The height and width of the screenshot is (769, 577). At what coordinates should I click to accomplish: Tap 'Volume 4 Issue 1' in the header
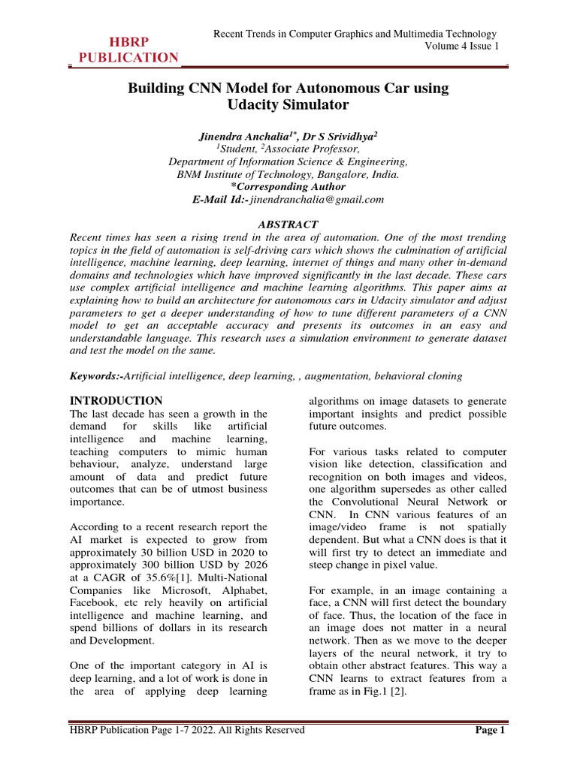tap(457, 47)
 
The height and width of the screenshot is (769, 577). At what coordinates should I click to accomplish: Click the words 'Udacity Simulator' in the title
tap(288, 105)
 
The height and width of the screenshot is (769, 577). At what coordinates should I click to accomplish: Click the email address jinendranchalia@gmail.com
tap(317, 199)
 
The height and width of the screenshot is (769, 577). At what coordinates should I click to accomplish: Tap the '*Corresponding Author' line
tap(288, 186)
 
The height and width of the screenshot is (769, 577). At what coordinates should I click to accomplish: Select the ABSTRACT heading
tap(288, 225)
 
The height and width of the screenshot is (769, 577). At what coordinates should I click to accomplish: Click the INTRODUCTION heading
tap(116, 400)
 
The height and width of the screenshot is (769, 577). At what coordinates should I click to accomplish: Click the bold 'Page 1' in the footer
tap(491, 730)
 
